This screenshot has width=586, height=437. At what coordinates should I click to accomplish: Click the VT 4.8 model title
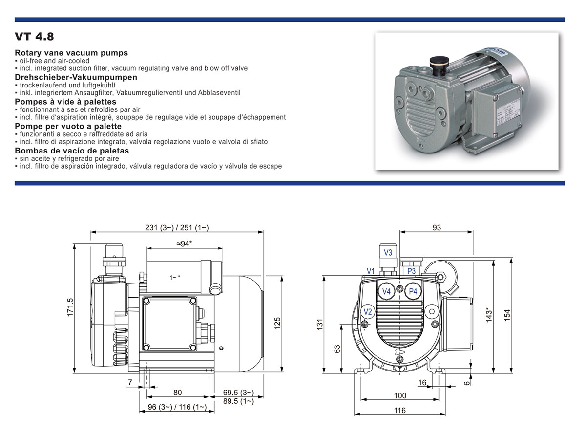[34, 37]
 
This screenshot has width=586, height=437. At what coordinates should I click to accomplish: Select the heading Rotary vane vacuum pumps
[71, 53]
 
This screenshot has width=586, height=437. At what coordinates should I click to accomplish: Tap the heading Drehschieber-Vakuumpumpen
[76, 77]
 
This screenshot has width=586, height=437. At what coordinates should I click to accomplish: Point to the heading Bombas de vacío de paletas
[72, 151]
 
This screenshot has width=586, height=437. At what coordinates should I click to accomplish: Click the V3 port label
[388, 253]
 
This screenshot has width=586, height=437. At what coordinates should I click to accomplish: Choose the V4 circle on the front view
[387, 291]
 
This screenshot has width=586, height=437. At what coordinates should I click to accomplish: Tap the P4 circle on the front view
[413, 291]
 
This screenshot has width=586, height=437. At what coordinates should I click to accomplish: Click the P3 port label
[411, 271]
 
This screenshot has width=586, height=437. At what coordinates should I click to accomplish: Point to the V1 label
[371, 271]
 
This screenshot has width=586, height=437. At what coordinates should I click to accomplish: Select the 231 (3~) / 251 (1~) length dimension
[177, 227]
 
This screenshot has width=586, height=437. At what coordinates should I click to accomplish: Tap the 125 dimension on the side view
[276, 323]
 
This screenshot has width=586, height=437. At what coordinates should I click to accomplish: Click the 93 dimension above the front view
[437, 227]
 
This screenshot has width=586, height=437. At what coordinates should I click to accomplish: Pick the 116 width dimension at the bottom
[399, 411]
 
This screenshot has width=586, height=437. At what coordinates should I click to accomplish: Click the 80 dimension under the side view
[177, 393]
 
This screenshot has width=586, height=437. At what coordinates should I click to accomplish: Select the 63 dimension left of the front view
[336, 349]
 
